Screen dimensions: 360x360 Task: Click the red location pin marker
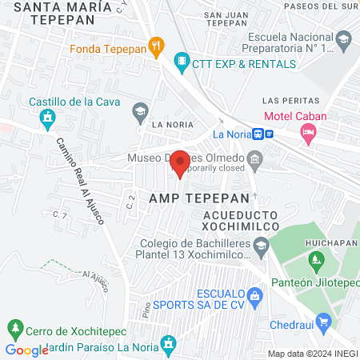tap(181, 162)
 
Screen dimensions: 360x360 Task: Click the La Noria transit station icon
tap(264, 134)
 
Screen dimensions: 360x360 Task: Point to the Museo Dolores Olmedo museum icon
tap(255, 158)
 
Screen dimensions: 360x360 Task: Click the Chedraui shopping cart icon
tap(324, 323)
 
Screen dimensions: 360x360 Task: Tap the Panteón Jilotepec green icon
tap(317, 259)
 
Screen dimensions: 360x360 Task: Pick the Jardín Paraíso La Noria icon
tap(168, 346)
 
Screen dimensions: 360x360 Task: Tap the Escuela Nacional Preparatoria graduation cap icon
tap(342, 38)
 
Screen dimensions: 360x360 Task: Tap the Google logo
tap(26, 350)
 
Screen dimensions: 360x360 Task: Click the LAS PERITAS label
tap(286, 100)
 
